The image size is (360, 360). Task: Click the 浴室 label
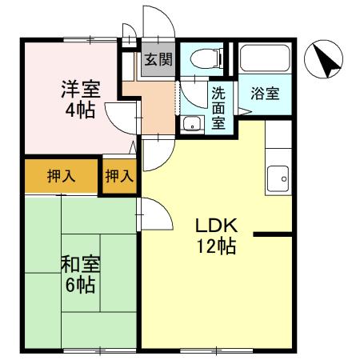click(x=265, y=94)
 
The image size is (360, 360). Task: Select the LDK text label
click(x=214, y=224)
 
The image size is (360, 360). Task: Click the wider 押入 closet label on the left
click(x=61, y=176)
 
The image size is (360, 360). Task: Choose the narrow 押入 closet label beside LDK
click(x=119, y=176)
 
